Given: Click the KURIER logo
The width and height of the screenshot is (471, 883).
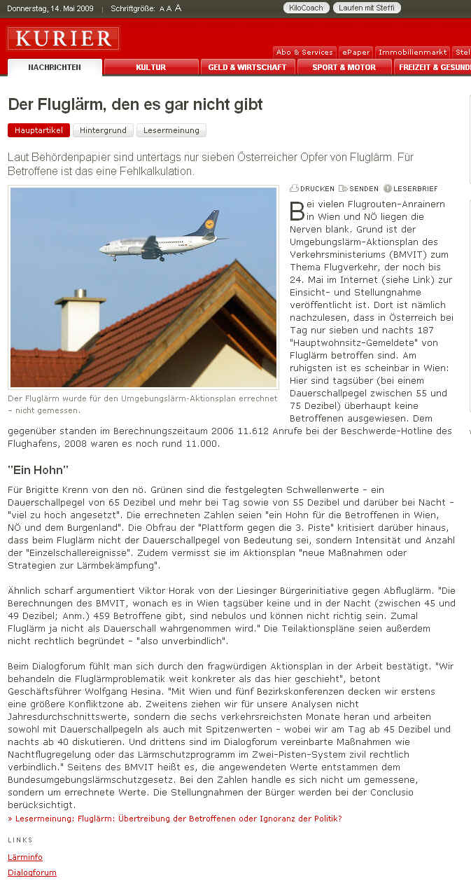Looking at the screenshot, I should (x=63, y=39).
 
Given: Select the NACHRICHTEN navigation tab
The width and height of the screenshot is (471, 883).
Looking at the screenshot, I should (x=55, y=67).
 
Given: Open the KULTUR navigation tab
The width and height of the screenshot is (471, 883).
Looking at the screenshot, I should (x=151, y=67).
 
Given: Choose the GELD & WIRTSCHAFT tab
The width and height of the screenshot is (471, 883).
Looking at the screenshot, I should (x=247, y=67).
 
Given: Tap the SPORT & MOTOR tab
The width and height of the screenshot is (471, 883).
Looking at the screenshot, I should (x=344, y=67).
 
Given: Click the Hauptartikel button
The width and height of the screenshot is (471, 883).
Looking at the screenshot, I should (x=38, y=130).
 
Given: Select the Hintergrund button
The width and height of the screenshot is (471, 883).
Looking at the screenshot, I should (x=103, y=130).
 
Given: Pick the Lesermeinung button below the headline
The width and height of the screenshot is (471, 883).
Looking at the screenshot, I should (x=171, y=130).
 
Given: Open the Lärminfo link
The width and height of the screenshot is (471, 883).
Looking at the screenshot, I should (x=25, y=857).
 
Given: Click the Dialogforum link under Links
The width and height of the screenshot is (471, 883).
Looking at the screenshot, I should (x=32, y=872).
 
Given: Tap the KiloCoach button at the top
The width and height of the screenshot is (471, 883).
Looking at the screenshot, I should (x=306, y=8).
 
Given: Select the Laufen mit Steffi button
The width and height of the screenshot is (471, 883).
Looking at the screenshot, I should (x=367, y=8).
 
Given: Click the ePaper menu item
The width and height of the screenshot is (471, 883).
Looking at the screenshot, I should (x=356, y=53).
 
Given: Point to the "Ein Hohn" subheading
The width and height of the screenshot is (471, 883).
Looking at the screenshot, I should (x=38, y=470).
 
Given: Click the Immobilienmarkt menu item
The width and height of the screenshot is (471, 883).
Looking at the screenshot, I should (x=412, y=53).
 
